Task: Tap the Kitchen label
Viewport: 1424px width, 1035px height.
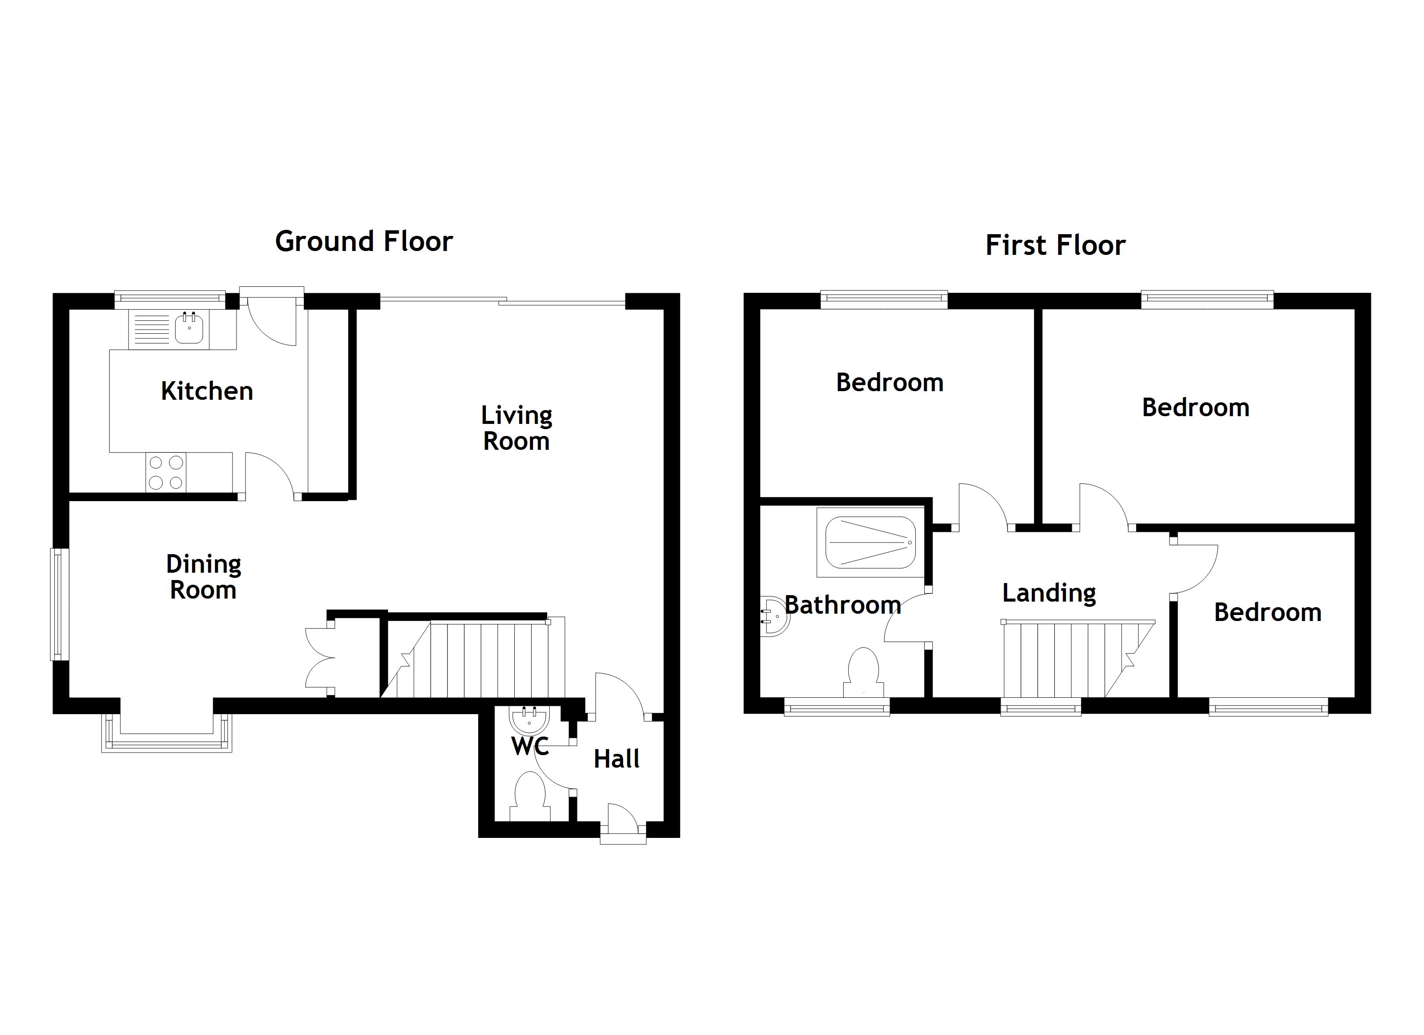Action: [x=207, y=391]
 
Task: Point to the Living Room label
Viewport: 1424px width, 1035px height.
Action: [x=516, y=428]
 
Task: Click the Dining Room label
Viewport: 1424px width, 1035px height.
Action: [x=203, y=577]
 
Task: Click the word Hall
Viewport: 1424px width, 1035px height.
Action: [x=617, y=759]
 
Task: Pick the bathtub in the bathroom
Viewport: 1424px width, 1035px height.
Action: [x=870, y=542]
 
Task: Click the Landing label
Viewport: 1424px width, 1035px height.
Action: [x=1049, y=593]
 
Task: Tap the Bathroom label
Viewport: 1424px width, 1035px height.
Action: [x=843, y=605]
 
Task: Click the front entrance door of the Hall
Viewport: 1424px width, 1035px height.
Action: [x=622, y=822]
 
